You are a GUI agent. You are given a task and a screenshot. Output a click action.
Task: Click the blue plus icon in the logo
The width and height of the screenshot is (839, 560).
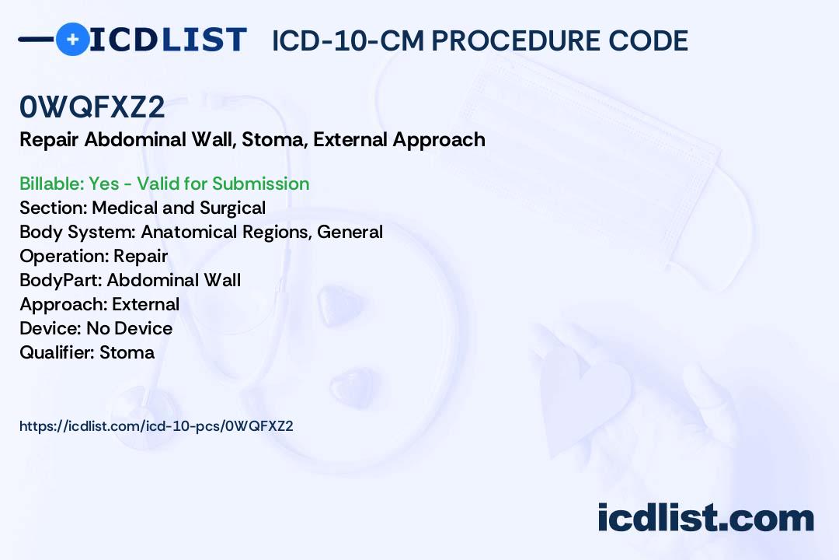point(72,39)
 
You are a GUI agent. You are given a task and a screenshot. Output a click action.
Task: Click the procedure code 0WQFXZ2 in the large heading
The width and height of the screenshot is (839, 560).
point(92,107)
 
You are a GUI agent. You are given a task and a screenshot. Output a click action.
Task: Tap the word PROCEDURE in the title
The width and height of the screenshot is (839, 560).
point(516,40)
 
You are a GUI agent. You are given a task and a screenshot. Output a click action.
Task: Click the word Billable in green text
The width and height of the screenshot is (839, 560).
point(51,184)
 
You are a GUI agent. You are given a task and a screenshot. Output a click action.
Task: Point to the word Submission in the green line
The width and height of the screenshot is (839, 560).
point(260,184)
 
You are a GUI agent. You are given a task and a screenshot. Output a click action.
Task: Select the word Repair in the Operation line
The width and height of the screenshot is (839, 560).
point(141,256)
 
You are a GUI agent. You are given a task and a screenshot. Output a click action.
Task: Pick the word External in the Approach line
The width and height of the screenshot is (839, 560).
point(145,304)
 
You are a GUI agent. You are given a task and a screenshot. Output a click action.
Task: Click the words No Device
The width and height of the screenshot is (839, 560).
point(130,328)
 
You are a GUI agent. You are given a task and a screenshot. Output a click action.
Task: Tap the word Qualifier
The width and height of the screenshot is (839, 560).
point(57,352)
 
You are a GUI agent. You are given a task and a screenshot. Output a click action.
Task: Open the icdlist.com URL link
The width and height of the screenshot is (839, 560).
point(156,426)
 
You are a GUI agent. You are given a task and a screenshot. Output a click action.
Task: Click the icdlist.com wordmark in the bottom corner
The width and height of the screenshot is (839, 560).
point(705,517)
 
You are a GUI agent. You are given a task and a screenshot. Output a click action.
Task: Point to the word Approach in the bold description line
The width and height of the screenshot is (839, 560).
point(439,140)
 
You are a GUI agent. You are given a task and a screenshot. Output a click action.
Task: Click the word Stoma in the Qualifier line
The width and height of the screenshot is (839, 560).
point(127,352)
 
